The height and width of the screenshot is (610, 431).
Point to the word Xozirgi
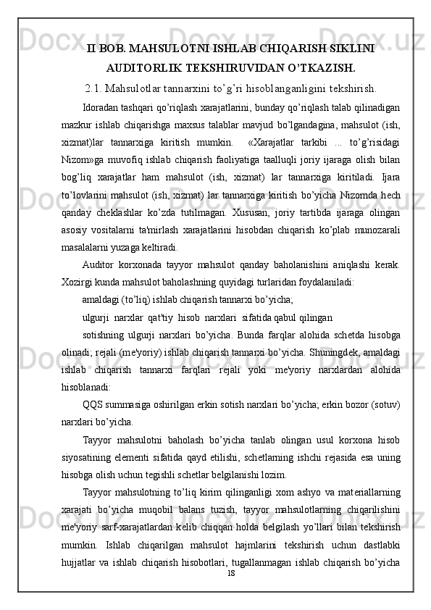pos(78,282)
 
